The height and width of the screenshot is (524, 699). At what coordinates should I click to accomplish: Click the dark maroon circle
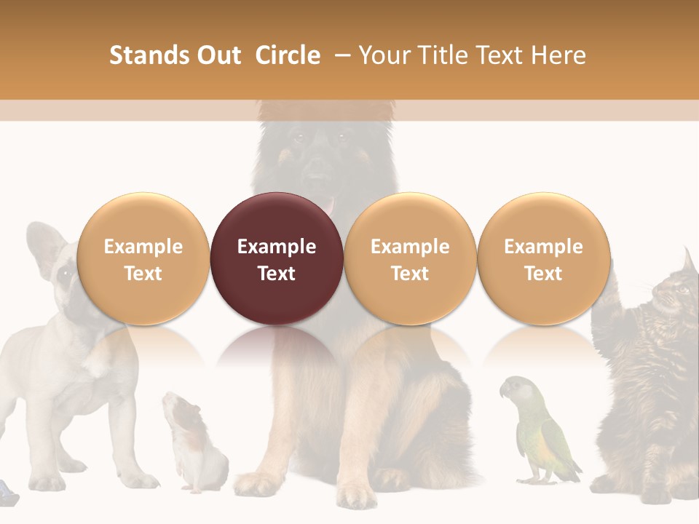click(276, 258)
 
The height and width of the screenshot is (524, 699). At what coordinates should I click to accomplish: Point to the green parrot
click(542, 437)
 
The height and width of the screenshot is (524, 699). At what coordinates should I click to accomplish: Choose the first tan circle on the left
click(143, 258)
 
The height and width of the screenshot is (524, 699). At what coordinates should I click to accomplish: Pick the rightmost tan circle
click(543, 258)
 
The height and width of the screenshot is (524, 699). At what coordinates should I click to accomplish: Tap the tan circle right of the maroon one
click(409, 258)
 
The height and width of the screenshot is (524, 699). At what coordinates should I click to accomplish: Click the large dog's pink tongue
click(330, 207)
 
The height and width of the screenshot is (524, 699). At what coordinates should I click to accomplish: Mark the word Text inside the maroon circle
click(276, 274)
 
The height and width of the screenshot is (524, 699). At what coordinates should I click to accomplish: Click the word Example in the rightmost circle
click(543, 247)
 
